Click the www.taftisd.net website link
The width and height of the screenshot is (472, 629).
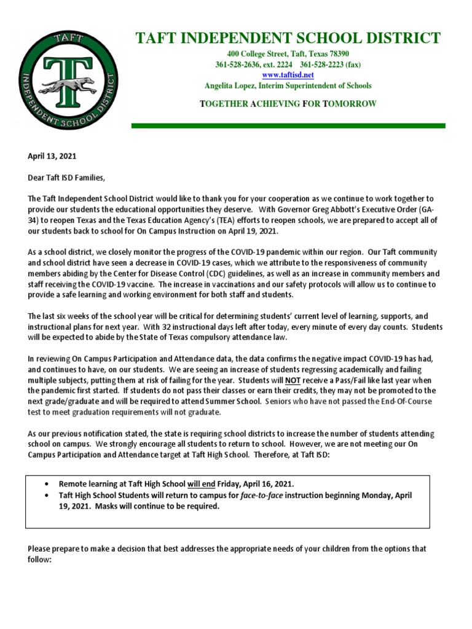(288, 74)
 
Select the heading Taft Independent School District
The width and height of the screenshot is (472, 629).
(288, 38)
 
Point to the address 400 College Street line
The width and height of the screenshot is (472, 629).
(288, 53)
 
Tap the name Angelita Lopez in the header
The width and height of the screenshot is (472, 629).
(230, 85)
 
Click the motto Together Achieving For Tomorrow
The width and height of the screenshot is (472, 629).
(288, 104)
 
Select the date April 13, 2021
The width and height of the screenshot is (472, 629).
(52, 157)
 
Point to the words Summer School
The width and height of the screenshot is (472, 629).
(238, 401)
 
